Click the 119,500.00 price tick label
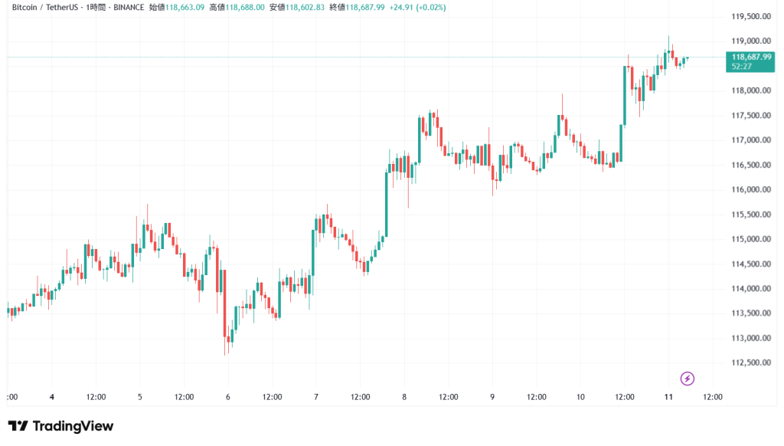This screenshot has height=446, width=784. (750, 16)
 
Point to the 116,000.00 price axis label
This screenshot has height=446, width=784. (750, 189)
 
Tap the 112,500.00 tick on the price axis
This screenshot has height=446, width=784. (750, 362)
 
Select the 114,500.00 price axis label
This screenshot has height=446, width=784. (750, 264)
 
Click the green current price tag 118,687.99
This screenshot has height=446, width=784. (751, 57)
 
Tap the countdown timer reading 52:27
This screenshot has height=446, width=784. (742, 66)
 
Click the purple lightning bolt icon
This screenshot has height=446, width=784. (687, 378)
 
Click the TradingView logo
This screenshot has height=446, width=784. (60, 426)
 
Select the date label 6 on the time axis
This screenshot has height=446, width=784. (228, 397)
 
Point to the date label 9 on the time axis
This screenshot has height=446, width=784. (492, 397)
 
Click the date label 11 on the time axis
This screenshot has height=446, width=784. (668, 397)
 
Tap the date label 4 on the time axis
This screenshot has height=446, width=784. (51, 397)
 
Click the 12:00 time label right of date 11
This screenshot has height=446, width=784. (713, 397)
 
